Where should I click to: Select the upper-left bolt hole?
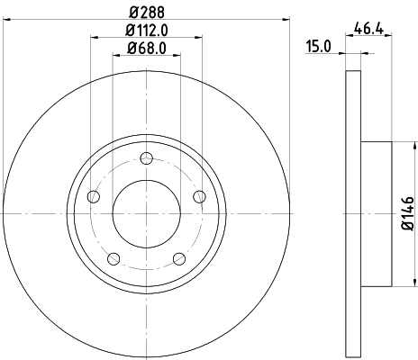coord(93,196)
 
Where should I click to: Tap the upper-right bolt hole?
coord(198,196)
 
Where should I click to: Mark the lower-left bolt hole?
coord(114,258)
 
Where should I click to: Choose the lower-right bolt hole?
coord(178,258)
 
